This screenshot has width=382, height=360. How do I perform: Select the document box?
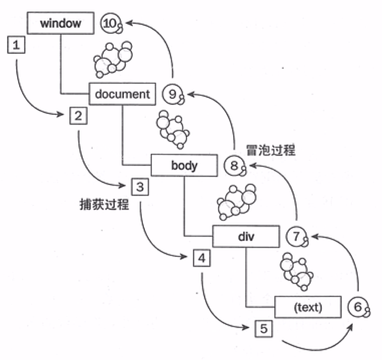click(122, 94)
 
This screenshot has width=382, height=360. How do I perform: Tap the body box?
click(184, 166)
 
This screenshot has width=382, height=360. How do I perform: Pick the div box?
click(246, 236)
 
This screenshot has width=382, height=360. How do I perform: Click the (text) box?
click(308, 307)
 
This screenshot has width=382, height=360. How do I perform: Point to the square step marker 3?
click(139, 186)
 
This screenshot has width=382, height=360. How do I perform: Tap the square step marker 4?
click(201, 258)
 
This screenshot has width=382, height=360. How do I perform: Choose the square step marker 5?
click(263, 329)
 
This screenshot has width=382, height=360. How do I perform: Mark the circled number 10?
click(110, 23)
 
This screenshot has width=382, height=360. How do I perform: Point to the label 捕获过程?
click(103, 204)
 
